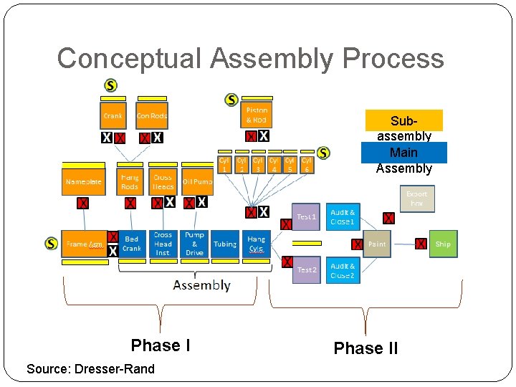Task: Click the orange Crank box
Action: [x=113, y=116]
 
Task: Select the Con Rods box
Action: [x=151, y=116]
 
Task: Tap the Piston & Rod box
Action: [x=256, y=115]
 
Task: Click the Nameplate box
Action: [x=82, y=182]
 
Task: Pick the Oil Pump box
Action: [x=196, y=182]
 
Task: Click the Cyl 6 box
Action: [x=306, y=165]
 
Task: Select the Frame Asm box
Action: [x=84, y=244]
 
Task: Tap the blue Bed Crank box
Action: [x=132, y=244]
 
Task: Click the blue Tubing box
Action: [x=225, y=244]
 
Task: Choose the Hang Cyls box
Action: [x=256, y=244]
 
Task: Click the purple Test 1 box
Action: [x=306, y=217]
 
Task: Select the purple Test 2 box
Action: [x=306, y=269]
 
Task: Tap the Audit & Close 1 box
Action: [x=342, y=217]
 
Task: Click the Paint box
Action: [x=377, y=244]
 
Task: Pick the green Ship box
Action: [x=443, y=244]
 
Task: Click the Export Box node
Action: [x=416, y=199]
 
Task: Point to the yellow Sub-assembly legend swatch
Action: [x=403, y=120]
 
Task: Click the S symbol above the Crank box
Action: [x=110, y=85]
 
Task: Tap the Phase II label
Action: [x=365, y=348]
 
